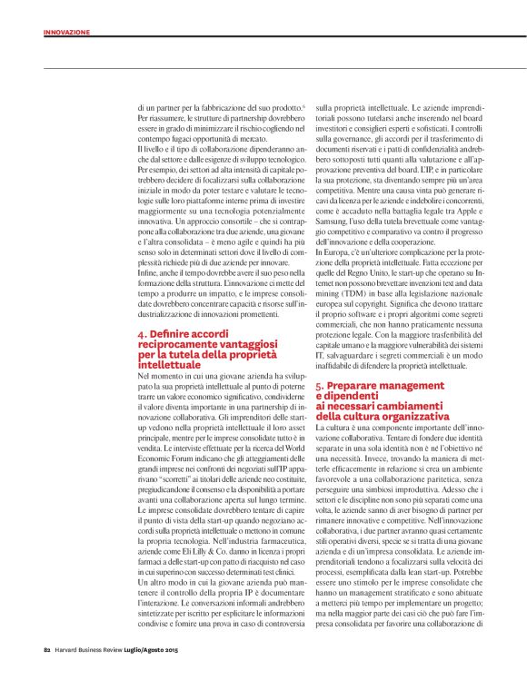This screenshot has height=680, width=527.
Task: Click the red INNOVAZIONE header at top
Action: coord(67,32)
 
